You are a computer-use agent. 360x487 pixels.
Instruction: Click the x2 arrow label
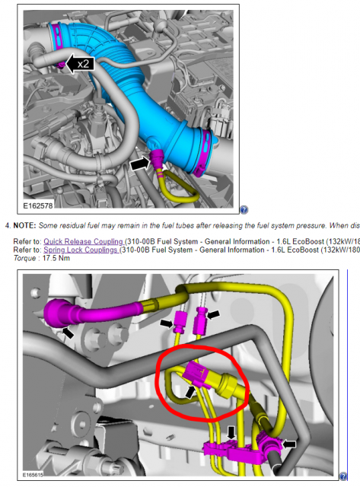tap(80, 64)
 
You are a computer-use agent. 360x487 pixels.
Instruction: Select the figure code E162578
tap(38, 205)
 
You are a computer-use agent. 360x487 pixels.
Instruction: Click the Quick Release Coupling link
tap(84, 241)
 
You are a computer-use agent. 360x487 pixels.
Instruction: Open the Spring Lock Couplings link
tap(81, 250)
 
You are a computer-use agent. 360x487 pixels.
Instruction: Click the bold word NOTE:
tap(24, 225)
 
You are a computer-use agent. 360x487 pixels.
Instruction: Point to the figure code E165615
tap(33, 475)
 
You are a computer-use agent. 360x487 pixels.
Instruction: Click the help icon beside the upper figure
tap(244, 210)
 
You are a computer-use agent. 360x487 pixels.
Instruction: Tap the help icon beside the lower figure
tap(343, 476)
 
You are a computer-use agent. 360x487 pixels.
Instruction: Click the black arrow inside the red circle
tap(190, 392)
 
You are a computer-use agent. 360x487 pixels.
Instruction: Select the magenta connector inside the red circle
tap(198, 375)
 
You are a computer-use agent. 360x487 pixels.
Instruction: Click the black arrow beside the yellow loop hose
tap(139, 164)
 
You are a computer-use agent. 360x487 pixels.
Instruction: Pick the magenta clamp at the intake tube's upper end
tap(56, 37)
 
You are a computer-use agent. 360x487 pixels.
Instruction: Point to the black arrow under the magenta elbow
tap(68, 333)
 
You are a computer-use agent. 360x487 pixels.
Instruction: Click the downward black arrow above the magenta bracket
tap(231, 433)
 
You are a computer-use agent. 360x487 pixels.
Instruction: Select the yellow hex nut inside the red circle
tap(228, 385)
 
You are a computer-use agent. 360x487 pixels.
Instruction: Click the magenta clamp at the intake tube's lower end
tap(203, 152)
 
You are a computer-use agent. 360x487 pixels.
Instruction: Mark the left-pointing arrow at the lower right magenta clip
tap(289, 444)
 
